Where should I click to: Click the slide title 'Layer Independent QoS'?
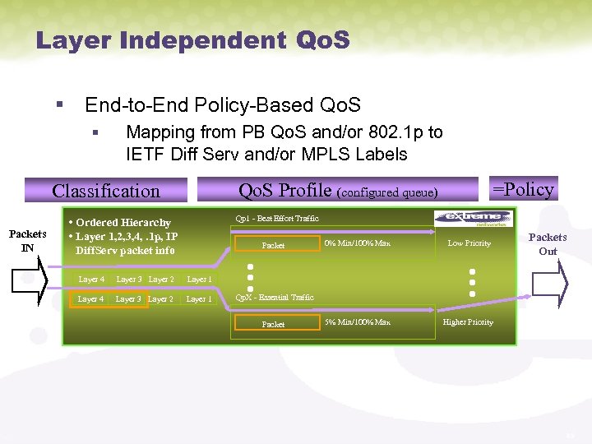point(192,39)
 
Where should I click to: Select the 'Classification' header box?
point(106,191)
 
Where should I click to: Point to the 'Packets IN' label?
point(27,240)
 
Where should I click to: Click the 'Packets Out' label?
point(547,244)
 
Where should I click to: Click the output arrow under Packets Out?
point(550,283)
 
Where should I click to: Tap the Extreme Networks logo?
point(473,218)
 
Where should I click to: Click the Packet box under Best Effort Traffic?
point(275,245)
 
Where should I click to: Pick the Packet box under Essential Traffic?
point(275,324)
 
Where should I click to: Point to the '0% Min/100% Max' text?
point(357,243)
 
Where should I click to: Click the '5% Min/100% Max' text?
point(357,322)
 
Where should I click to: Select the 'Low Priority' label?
point(469,243)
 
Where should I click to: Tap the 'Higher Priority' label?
point(468,322)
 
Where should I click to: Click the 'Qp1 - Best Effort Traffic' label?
point(277,219)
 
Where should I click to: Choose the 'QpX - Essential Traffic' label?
point(275,297)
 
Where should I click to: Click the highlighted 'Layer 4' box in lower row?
point(90,299)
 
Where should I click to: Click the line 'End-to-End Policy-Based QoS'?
point(223,105)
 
